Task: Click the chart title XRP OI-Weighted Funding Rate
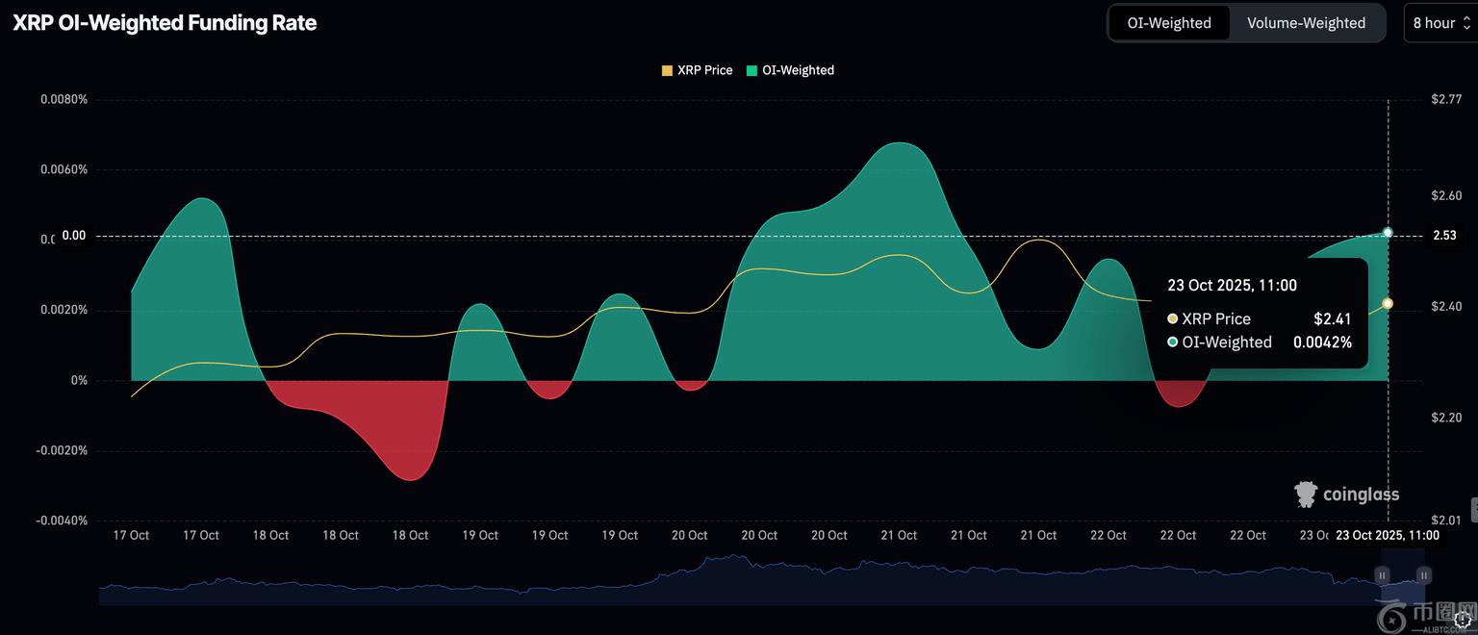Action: coord(165,23)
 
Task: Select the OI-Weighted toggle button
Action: coord(1169,23)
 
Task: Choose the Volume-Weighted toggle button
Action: coord(1306,23)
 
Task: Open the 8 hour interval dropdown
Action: coord(1440,23)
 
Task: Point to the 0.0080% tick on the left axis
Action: coord(64,99)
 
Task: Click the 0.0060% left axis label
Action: coord(64,169)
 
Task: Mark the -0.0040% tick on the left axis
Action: coord(62,521)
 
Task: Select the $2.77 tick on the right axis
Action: coord(1446,99)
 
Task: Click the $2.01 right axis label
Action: coord(1446,521)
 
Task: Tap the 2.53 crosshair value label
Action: coord(1444,236)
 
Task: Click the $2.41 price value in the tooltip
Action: coord(1333,319)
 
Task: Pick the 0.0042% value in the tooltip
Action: coord(1322,343)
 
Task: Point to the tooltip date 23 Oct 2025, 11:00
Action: coord(1232,286)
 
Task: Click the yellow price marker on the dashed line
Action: coord(1388,304)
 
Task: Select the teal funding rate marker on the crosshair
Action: coord(1388,233)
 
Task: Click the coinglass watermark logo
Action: coord(1347,495)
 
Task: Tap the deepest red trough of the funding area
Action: coord(411,478)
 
